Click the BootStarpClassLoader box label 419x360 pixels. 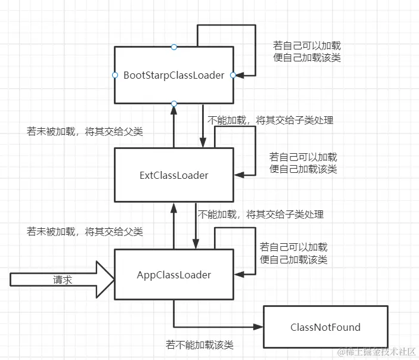[173, 75]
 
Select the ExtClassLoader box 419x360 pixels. [173, 175]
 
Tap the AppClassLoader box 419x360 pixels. [173, 275]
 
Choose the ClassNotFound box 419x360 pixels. [325, 327]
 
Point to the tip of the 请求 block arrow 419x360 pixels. [113, 280]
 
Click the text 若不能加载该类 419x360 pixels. [199, 345]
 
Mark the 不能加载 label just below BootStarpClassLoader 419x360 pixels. [270, 120]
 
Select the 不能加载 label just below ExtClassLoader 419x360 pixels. [260, 214]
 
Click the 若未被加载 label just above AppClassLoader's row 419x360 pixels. [85, 231]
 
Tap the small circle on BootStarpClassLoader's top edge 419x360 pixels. [173, 46]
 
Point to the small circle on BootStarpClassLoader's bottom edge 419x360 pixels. [173, 104]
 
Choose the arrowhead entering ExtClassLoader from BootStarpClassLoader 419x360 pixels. [203, 144]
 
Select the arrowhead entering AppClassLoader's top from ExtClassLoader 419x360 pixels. [195, 245]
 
